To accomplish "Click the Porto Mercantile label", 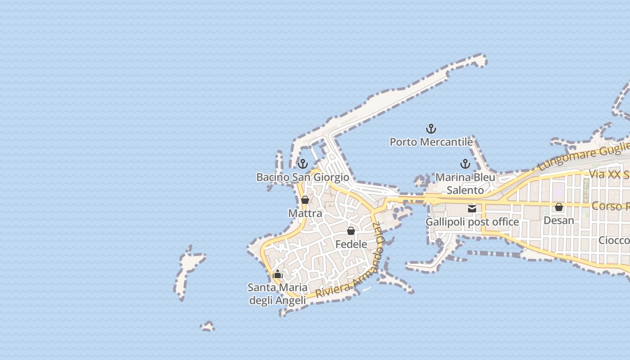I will pyautogui.click(x=431, y=142).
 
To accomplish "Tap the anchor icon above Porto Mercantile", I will pyautogui.click(x=431, y=129).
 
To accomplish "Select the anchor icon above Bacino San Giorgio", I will pyautogui.click(x=303, y=164).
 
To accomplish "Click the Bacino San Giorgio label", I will pyautogui.click(x=303, y=177).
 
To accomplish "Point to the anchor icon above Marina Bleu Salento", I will pyautogui.click(x=465, y=164).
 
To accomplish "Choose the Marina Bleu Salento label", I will pyautogui.click(x=465, y=184).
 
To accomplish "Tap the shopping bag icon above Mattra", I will pyautogui.click(x=305, y=200).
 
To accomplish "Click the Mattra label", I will pyautogui.click(x=305, y=213).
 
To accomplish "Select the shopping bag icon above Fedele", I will pyautogui.click(x=351, y=231).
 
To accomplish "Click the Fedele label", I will pyautogui.click(x=351, y=244).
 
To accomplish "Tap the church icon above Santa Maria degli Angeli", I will pyautogui.click(x=278, y=274).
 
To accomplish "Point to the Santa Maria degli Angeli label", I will pyautogui.click(x=278, y=294).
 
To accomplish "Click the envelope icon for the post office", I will pyautogui.click(x=472, y=208).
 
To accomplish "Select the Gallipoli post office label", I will pyautogui.click(x=472, y=222).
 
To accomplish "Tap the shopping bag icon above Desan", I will pyautogui.click(x=559, y=207).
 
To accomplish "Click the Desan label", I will pyautogui.click(x=559, y=220).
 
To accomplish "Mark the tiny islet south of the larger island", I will pyautogui.click(x=208, y=326).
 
